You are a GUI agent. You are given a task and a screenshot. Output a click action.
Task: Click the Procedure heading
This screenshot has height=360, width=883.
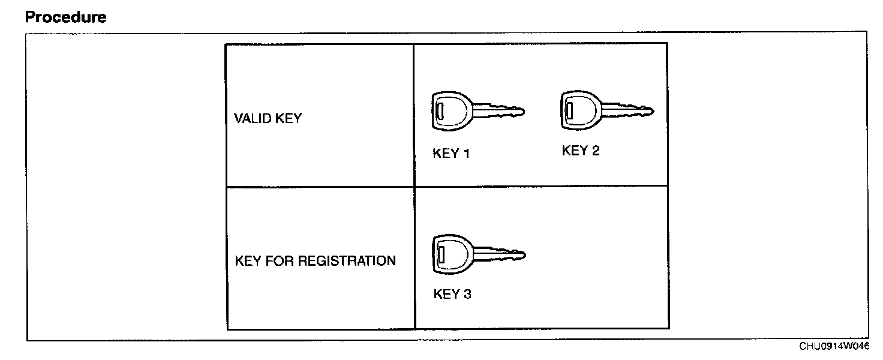click(66, 17)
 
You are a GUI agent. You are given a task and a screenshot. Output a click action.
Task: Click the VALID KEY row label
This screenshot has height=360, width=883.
click(268, 118)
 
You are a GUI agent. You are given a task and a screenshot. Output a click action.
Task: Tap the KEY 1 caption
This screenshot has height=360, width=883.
click(451, 154)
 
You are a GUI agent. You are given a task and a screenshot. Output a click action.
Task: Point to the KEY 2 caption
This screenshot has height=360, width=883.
click(580, 151)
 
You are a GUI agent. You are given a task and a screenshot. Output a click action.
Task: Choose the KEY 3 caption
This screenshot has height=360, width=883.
click(452, 295)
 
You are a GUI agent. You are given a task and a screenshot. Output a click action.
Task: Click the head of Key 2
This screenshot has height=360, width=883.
click(579, 110)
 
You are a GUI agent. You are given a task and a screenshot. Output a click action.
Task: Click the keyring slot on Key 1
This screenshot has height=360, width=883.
click(440, 111)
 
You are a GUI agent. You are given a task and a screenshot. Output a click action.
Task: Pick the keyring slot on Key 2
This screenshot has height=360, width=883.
click(569, 110)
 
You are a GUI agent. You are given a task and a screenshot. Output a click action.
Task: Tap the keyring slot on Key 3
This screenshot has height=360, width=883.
click(441, 254)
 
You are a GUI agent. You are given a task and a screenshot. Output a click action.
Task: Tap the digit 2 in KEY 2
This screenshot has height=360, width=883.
click(595, 151)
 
